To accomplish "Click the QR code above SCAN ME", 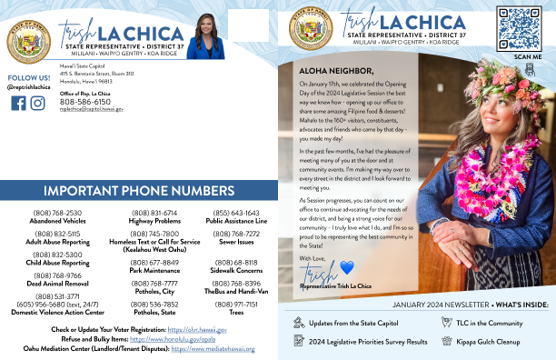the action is (x=520, y=28).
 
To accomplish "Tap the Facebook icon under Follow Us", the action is (x=18, y=103).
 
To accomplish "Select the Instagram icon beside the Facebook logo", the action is (x=37, y=103).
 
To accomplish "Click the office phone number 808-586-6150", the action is (x=85, y=102).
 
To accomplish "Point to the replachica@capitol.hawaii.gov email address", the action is (x=92, y=109).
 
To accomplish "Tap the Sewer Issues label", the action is (x=236, y=241).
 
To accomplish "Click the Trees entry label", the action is (x=236, y=311).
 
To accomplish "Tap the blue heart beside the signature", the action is (x=346, y=267).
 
